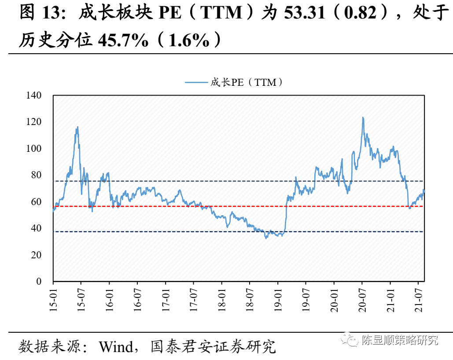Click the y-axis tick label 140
[x=34, y=96]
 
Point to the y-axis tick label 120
[x=34, y=122]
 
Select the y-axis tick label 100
[x=34, y=149]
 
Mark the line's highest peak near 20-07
[x=363, y=118]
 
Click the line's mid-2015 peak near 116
[x=78, y=127]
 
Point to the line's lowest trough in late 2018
[x=266, y=238]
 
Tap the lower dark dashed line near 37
[x=132, y=231]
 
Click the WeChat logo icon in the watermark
[x=352, y=340]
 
